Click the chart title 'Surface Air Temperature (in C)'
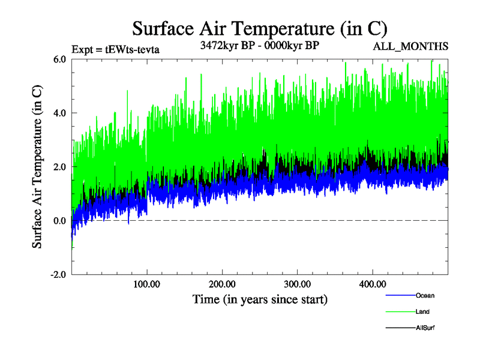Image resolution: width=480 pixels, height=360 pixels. (x=260, y=28)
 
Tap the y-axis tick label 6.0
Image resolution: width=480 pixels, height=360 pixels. (x=59, y=59)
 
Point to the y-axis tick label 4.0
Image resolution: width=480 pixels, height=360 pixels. (x=59, y=113)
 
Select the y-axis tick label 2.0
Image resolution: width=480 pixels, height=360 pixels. (x=59, y=167)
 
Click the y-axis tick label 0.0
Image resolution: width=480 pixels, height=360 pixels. (x=59, y=221)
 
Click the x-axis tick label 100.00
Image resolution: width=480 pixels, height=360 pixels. (x=147, y=284)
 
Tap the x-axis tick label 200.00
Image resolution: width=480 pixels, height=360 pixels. (x=222, y=284)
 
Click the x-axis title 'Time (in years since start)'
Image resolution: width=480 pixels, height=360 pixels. (x=260, y=298)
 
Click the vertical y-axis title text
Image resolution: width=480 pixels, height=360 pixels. (x=37, y=167)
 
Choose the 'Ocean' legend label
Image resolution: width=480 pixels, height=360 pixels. (x=425, y=295)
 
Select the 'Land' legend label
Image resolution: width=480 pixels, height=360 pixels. (x=422, y=311)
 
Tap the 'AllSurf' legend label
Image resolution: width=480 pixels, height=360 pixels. (x=425, y=328)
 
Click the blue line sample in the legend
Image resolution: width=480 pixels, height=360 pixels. (x=399, y=295)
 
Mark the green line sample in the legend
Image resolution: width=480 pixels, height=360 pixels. (x=399, y=311)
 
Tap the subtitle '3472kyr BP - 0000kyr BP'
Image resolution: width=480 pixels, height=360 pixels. (x=260, y=45)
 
